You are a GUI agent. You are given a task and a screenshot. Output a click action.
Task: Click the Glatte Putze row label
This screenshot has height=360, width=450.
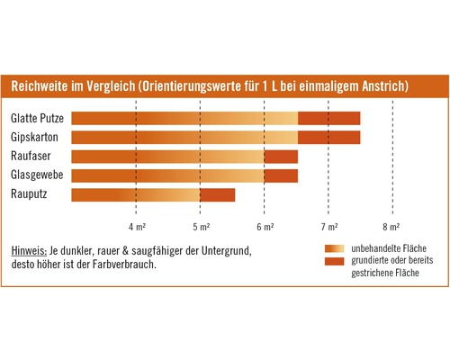coord(36,118)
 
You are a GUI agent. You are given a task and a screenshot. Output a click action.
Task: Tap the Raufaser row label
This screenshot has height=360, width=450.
coord(31,156)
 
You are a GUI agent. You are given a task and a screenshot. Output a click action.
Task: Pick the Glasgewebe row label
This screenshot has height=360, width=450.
coord(37,175)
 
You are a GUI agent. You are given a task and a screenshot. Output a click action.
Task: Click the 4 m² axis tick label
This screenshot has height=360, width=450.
coord(136,224)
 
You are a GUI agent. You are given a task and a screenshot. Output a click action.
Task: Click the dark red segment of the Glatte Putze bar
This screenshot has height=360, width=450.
coord(328,118)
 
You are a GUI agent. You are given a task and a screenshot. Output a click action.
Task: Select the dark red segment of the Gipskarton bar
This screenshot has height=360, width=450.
coord(328,137)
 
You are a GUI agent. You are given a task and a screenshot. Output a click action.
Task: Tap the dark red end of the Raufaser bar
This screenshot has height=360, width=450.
coord(281,156)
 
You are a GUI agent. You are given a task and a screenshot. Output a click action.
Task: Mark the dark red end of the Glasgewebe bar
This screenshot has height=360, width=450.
coord(281,175)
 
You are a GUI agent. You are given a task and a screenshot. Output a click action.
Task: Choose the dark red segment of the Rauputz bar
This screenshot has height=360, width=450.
coord(217,194)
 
